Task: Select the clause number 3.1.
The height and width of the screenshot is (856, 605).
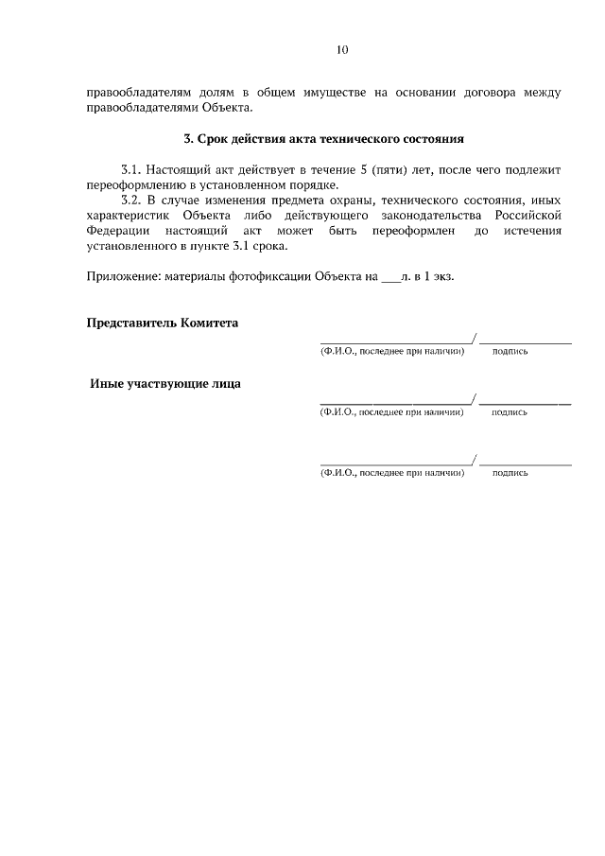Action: (130, 169)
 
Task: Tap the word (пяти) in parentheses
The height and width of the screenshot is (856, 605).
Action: (374, 169)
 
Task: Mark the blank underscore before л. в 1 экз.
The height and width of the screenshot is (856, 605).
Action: (389, 277)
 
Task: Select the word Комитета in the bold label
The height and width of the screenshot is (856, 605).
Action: (207, 323)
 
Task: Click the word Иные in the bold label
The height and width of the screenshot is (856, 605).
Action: (107, 384)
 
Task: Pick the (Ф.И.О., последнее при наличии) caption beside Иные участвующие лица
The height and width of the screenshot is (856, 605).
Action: (392, 412)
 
